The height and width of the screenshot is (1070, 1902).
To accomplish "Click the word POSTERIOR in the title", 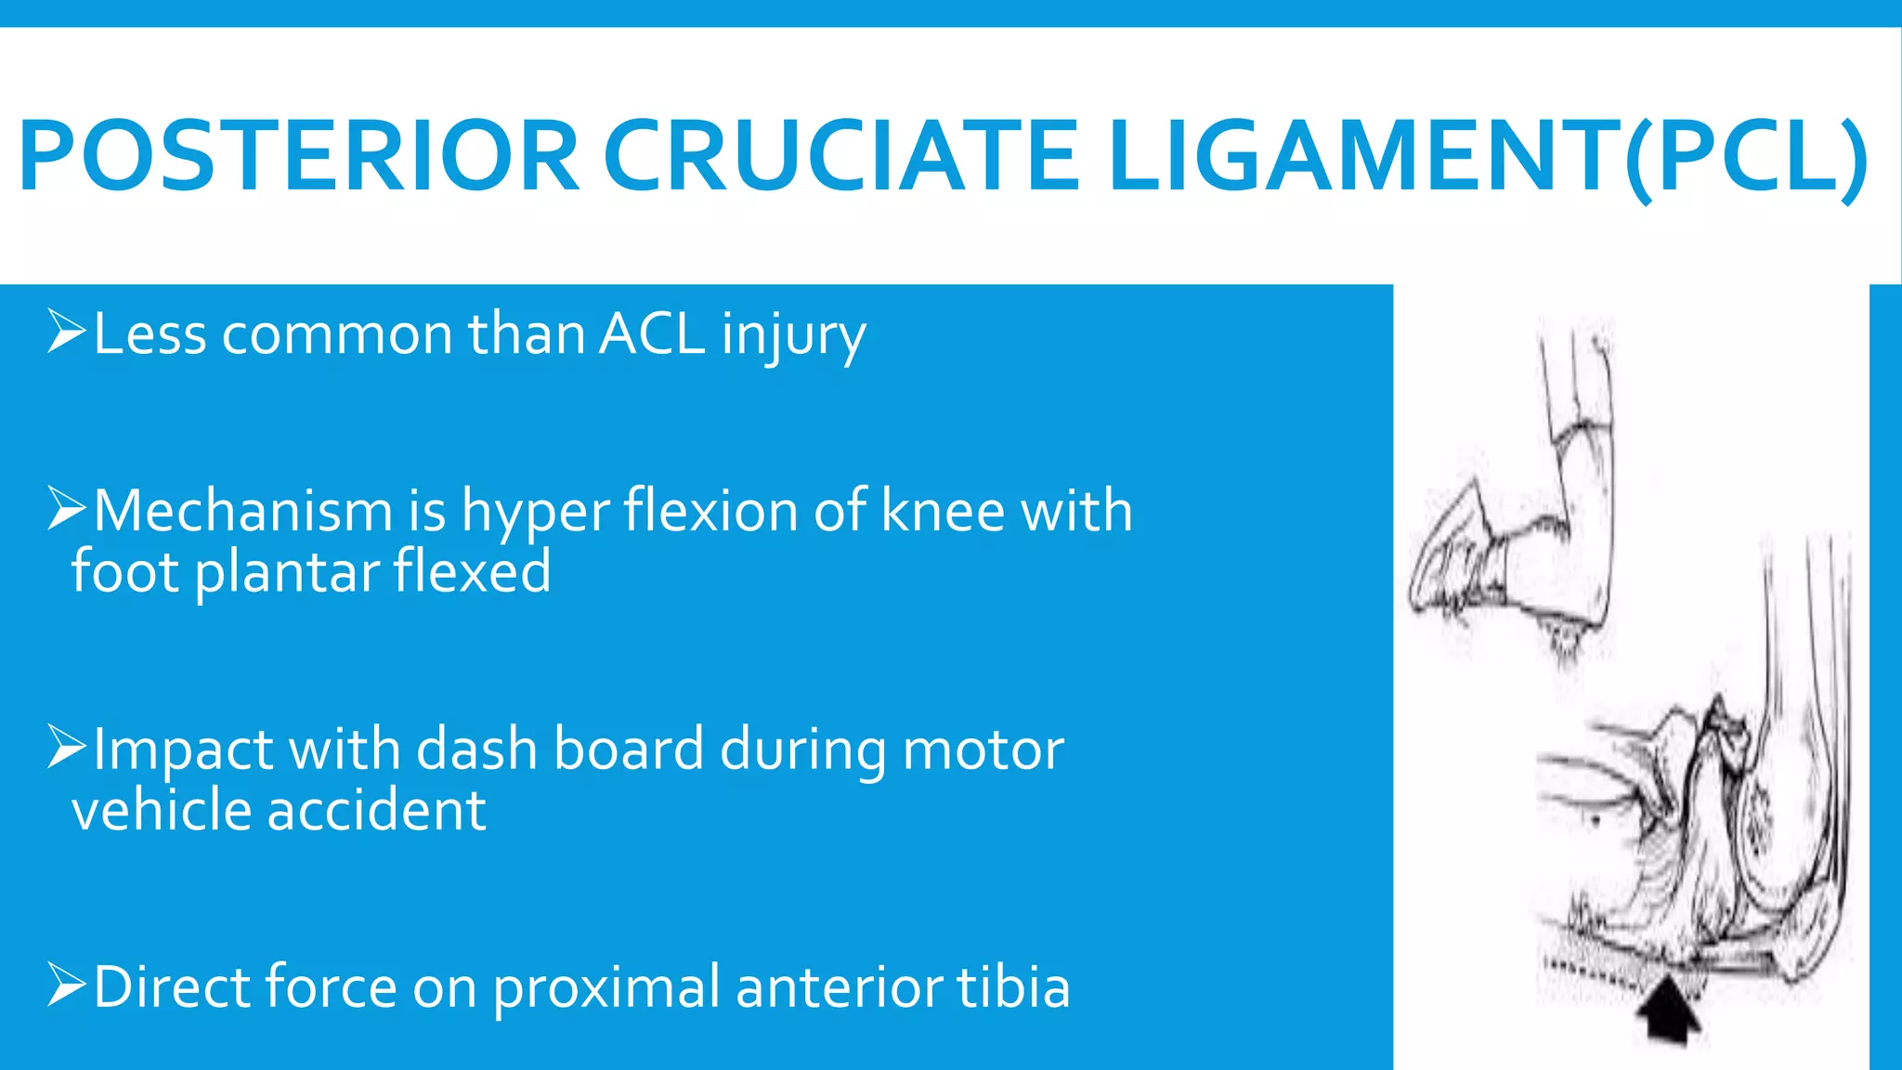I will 299,156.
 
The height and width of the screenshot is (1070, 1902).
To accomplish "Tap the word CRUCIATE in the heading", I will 840,156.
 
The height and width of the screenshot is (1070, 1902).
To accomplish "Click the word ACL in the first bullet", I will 652,333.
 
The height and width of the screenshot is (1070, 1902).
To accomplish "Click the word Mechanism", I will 243,511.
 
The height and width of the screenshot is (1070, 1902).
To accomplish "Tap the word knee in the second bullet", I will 943,511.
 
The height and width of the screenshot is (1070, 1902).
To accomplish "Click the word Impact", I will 183,750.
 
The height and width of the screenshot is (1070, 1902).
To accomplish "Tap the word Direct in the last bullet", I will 172,986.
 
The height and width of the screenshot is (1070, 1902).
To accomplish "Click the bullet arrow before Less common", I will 66,333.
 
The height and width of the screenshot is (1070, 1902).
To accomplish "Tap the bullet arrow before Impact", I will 66,748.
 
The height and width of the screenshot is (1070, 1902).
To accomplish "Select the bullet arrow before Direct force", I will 66,985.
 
